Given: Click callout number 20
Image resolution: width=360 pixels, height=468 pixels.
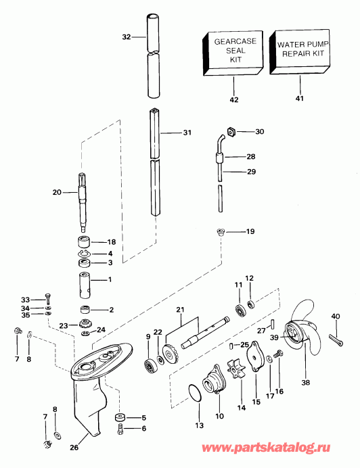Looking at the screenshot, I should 57,192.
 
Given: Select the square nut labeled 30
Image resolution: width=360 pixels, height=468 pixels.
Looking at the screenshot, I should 229,131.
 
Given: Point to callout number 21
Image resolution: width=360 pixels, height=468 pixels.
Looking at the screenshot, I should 180,310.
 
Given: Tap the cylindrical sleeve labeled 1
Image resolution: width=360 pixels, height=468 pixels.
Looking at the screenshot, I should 85,280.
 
